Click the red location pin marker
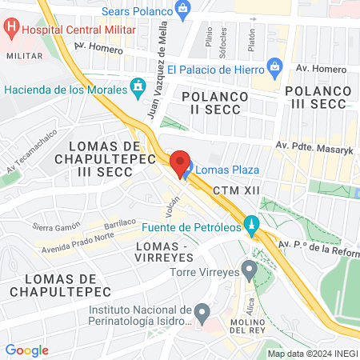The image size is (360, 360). (181, 162)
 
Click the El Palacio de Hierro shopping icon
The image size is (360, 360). (275, 66)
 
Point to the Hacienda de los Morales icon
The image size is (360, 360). (138, 86)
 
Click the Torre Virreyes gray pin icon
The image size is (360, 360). (249, 271)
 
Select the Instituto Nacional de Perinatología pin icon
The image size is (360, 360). (202, 310)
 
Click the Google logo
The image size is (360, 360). (26, 350)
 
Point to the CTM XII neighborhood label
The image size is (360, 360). (238, 191)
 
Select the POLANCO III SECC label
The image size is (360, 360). (320, 89)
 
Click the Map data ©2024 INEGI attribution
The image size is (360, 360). (312, 354)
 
